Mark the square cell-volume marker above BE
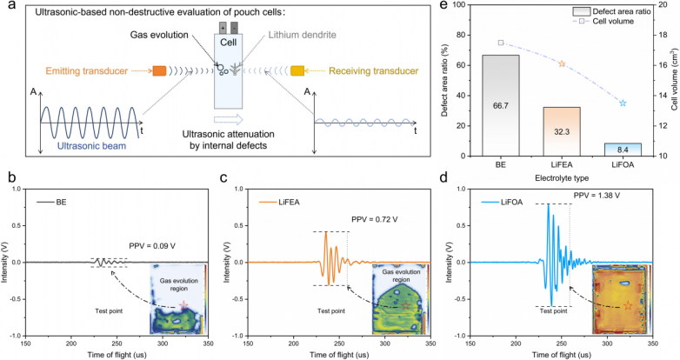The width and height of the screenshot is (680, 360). tap(501, 43)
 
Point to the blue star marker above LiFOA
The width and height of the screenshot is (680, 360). tap(623, 103)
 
